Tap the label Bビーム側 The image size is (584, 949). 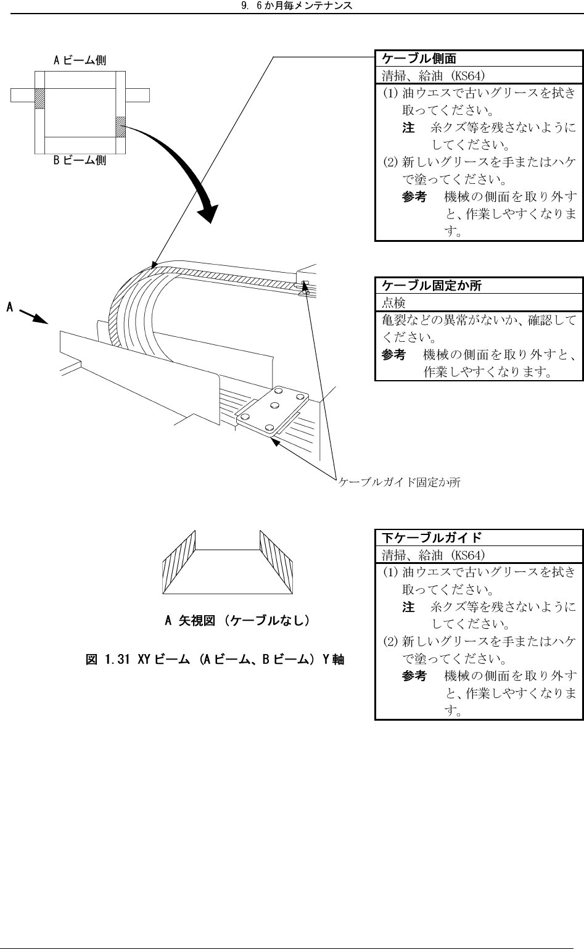(80, 160)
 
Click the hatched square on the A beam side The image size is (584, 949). (40, 99)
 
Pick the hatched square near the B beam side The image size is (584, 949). (121, 126)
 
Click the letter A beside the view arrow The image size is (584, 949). (10, 306)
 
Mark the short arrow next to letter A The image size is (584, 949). (35, 316)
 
